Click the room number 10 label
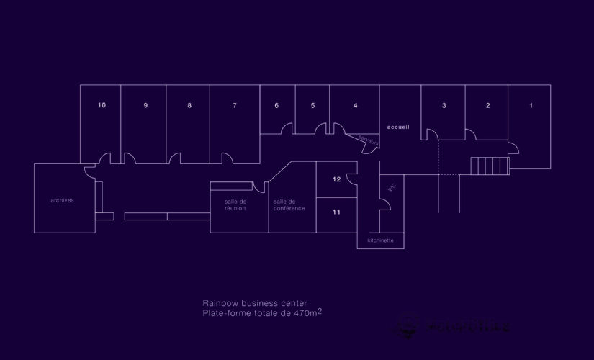pyautogui.click(x=102, y=105)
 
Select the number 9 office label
pyautogui.click(x=145, y=106)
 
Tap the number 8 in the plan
pyautogui.click(x=189, y=106)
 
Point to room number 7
pyautogui.click(x=234, y=106)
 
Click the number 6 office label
pyautogui.click(x=276, y=106)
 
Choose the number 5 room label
pyautogui.click(x=312, y=106)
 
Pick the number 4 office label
pyautogui.click(x=355, y=106)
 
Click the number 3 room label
pyautogui.click(x=444, y=106)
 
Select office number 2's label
pyautogui.click(x=487, y=106)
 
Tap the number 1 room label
pyautogui.click(x=531, y=106)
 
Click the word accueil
pyautogui.click(x=398, y=127)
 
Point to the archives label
pyautogui.click(x=62, y=200)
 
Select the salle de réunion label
pyautogui.click(x=235, y=205)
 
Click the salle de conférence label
pyautogui.click(x=289, y=205)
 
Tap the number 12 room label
pyautogui.click(x=336, y=179)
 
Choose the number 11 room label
pyautogui.click(x=336, y=212)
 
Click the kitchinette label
pyautogui.click(x=380, y=240)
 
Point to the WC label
pyautogui.click(x=392, y=187)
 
